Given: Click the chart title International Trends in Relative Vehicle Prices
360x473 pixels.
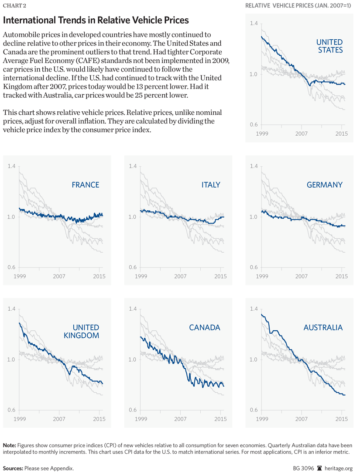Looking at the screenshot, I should point(96,21).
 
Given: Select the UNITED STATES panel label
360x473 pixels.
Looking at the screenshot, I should point(329,46).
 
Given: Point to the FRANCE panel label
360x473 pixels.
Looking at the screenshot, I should point(86,185).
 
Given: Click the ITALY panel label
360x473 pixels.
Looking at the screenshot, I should point(211,185).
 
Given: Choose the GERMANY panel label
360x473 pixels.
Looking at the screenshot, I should point(325,185).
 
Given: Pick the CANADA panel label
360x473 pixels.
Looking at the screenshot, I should point(205,327).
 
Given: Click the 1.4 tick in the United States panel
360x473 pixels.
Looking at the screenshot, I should point(253,24).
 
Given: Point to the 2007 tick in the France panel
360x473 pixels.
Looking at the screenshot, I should point(59,277).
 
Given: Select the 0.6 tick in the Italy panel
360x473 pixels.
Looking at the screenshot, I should point(133,267).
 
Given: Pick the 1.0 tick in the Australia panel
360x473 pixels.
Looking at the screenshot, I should point(253,360).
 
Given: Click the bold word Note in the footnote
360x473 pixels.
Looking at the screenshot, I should point(10,445).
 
